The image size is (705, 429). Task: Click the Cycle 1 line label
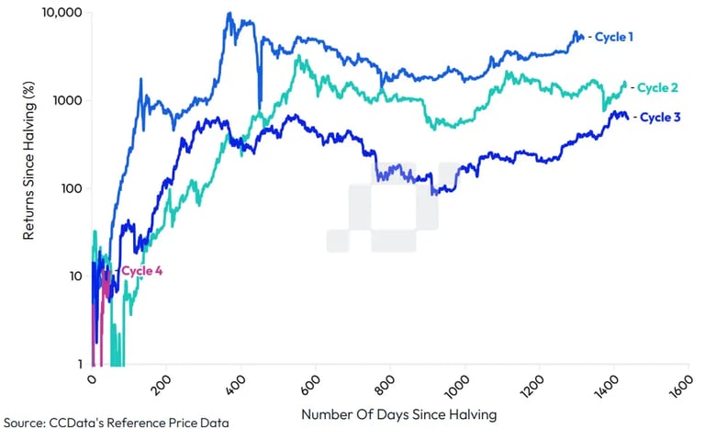click(614, 37)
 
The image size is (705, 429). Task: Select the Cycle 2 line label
click(657, 87)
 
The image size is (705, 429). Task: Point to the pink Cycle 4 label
click(142, 270)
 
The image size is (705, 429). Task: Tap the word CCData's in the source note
click(86, 423)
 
